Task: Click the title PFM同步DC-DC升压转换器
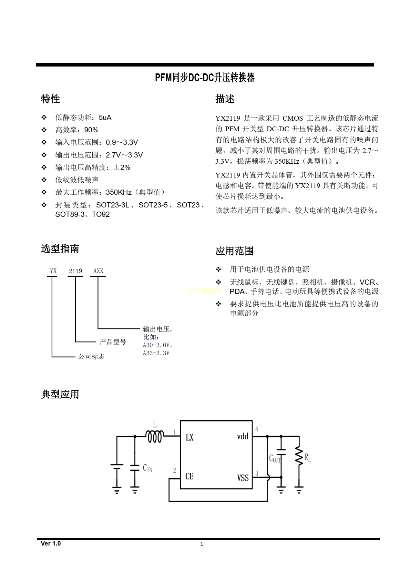tap(205, 78)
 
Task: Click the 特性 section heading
tap(50, 99)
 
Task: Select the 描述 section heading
tap(225, 99)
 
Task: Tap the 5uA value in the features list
tap(105, 118)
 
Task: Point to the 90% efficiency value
tap(91, 130)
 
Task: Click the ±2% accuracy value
tap(122, 167)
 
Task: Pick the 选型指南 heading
tap(60, 249)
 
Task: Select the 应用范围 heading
tap(234, 251)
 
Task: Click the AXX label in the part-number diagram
tap(98, 271)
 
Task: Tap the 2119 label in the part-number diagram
tap(75, 271)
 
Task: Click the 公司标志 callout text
tap(91, 357)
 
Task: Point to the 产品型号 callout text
tap(113, 342)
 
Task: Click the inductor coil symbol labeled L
tap(154, 437)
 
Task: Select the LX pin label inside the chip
tap(189, 438)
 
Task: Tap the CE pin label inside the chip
tap(189, 477)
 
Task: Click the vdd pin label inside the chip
tap(243, 437)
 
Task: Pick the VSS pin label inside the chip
tap(243, 478)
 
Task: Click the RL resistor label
tap(307, 458)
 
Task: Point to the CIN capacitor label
tap(147, 468)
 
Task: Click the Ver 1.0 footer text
tap(51, 543)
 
